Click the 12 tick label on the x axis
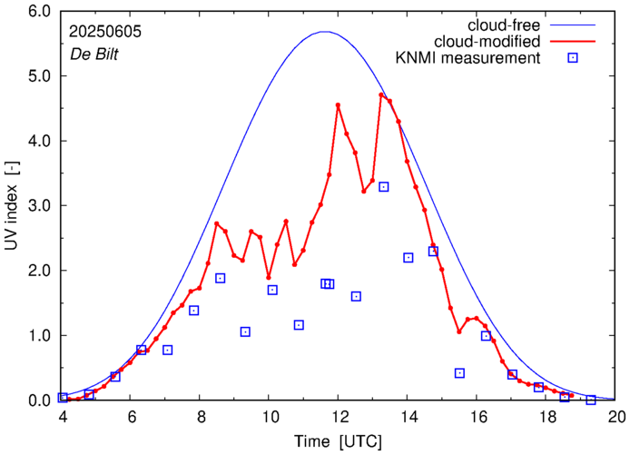[340, 418]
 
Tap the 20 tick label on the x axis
[616, 418]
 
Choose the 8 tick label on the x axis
[201, 418]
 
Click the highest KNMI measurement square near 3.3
[384, 187]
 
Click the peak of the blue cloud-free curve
[326, 32]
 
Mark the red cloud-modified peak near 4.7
[382, 94]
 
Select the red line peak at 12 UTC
[339, 105]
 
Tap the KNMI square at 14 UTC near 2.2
[409, 257]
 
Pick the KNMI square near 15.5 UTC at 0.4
[460, 373]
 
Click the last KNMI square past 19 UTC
[591, 400]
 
